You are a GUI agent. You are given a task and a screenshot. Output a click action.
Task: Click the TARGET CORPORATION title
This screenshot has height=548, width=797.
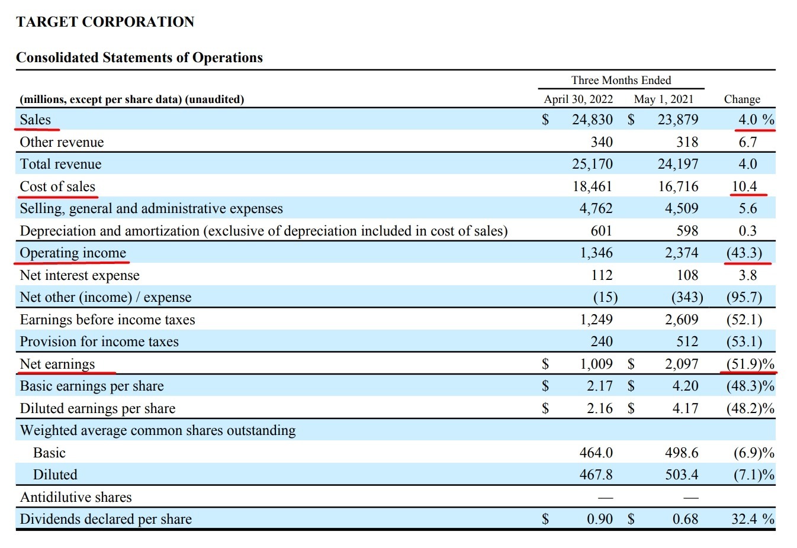pos(105,22)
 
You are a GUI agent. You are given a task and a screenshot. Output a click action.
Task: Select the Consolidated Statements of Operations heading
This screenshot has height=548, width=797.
pos(139,57)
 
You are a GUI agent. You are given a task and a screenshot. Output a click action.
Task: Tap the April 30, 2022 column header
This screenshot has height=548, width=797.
pos(578,99)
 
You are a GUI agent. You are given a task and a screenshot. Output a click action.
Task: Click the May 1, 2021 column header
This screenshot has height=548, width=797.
pos(664,99)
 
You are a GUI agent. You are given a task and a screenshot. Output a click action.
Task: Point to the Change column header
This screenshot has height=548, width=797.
pos(742,99)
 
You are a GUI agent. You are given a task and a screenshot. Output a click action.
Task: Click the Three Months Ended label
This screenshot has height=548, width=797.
pos(621,80)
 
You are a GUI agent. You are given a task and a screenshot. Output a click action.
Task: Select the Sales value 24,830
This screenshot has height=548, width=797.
pos(592,120)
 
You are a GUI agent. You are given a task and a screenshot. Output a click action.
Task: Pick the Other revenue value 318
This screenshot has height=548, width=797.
pos(687,142)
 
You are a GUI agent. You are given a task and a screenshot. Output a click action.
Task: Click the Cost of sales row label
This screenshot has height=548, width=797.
pos(57,186)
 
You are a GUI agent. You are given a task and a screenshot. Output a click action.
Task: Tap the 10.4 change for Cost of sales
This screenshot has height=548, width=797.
pos(744,186)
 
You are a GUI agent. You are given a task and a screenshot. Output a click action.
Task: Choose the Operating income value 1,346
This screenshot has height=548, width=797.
pos(596,253)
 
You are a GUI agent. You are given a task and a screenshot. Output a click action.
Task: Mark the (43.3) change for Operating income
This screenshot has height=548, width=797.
pos(744,253)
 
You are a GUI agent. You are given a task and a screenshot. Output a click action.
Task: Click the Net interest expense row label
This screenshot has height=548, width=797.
pos(80,275)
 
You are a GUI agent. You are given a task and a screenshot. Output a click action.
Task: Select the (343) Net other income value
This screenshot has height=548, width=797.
pos(687,297)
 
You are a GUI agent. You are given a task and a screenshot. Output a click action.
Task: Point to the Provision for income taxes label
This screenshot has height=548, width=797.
pos(99,341)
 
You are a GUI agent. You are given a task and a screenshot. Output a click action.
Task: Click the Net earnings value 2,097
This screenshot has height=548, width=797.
pos(682,364)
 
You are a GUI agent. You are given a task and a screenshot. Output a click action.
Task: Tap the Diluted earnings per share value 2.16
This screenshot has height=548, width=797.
pos(600,408)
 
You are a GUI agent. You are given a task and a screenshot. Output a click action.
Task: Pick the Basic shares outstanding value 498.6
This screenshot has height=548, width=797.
pos(682,453)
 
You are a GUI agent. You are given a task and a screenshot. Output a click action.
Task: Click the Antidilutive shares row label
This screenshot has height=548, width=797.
pos(76,497)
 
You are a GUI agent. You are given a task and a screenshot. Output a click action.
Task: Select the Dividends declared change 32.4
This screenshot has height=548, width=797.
pos(744,519)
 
